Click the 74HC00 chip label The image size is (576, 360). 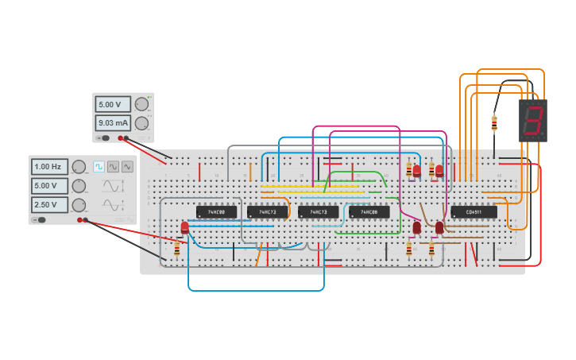pos(216,212)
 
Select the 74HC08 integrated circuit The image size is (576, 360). pos(369,212)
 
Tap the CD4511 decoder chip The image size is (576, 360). pos(474,212)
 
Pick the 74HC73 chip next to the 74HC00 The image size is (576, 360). pos(267,212)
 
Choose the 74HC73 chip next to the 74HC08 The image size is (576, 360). pos(318,212)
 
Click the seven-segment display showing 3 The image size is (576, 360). pos(533,120)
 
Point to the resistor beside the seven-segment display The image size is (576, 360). pos(494,123)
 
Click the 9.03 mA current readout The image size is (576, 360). pos(113,123)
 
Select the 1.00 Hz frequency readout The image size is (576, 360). pos(49,167)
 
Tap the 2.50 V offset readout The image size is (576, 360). pos(49,204)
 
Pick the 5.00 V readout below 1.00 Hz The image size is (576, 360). pos(49,185)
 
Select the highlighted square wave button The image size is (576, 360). pos(99,167)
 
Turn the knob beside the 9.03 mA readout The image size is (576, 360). pos(141,123)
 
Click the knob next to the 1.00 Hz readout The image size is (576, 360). pos(79,167)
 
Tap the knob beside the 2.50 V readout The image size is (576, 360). pos(79,204)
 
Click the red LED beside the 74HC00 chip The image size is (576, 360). pos(184,228)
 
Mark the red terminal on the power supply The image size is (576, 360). pos(121,138)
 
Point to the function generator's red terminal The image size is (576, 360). pos(80,220)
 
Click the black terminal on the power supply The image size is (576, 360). pos(127,138)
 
